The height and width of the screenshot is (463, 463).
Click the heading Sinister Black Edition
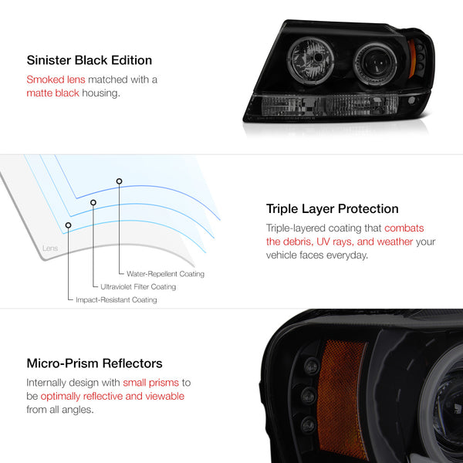point(90,60)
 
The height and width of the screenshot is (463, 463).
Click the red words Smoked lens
point(56,79)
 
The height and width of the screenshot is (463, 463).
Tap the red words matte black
point(52,93)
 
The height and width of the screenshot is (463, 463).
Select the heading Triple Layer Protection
point(332,209)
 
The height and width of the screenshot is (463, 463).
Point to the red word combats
point(404,228)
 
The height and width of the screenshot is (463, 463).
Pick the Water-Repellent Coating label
point(165,274)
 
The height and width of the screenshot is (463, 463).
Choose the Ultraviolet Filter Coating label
point(138,287)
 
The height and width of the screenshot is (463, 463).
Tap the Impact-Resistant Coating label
point(117,300)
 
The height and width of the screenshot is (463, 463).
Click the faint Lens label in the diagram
point(50,248)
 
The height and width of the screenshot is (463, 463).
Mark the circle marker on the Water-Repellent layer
point(119,181)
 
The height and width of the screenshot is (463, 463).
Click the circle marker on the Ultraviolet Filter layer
point(93,202)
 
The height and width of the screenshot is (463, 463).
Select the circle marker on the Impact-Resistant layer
point(68,225)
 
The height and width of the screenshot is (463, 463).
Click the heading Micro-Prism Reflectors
point(94,363)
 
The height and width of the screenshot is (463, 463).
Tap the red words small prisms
point(151,383)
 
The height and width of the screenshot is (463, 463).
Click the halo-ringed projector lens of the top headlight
point(375,63)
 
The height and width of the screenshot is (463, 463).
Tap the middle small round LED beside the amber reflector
point(309,395)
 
